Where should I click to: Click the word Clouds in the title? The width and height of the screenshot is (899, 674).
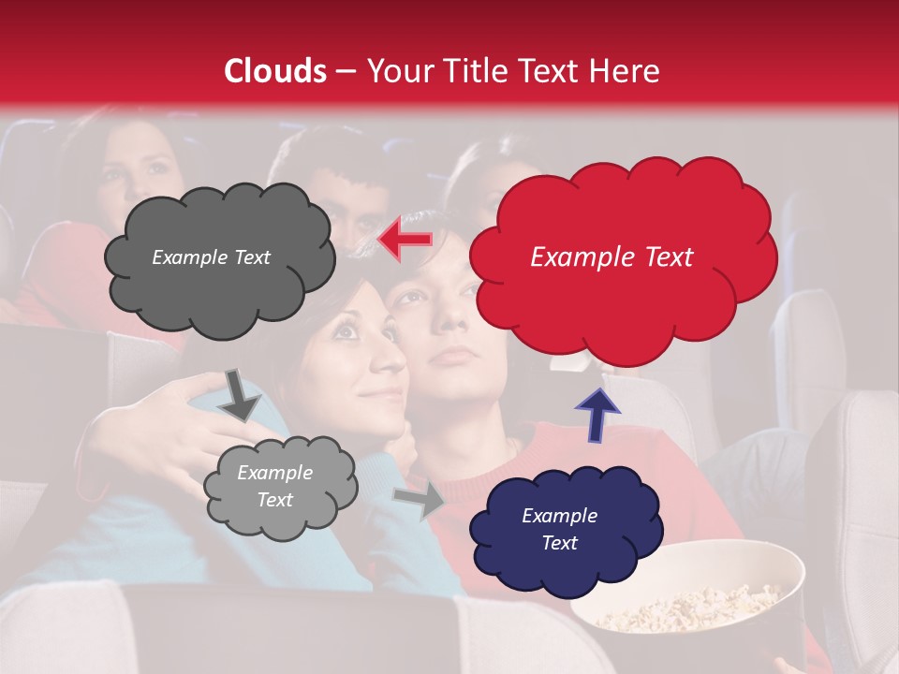click(274, 71)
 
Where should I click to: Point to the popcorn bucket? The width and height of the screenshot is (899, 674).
click(688, 590)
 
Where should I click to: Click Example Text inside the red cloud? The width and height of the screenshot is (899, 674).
click(612, 257)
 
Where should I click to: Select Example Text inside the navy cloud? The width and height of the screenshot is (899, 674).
click(559, 529)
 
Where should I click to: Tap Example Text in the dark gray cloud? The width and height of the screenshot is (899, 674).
click(211, 257)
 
